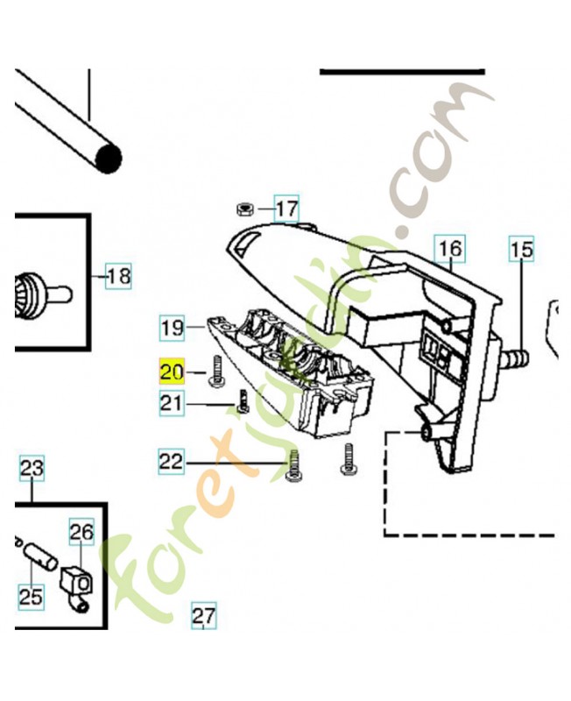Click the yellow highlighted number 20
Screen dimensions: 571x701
pyautogui.click(x=172, y=371)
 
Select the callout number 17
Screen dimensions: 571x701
pyautogui.click(x=286, y=209)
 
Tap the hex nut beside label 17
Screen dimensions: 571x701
pyautogui.click(x=245, y=209)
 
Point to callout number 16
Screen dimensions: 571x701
pyautogui.click(x=450, y=248)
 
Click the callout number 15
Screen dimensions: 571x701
pyautogui.click(x=521, y=250)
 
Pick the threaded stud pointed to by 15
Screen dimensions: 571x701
pyautogui.click(x=516, y=358)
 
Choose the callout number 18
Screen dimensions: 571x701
pyautogui.click(x=118, y=276)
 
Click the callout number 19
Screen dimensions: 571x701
pyautogui.click(x=172, y=328)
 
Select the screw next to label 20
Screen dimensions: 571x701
pyautogui.click(x=215, y=371)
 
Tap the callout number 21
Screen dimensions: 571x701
pyautogui.click(x=172, y=403)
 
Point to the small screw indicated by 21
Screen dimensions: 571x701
pyautogui.click(x=243, y=401)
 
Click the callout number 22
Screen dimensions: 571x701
pyautogui.click(x=171, y=461)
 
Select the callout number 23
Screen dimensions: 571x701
pyautogui.click(x=32, y=468)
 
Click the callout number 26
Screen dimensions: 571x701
pyautogui.click(x=81, y=532)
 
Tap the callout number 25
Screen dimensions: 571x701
pyautogui.click(x=32, y=597)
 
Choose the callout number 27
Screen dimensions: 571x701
pyautogui.click(x=204, y=615)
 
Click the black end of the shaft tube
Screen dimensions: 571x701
pyautogui.click(x=109, y=159)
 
